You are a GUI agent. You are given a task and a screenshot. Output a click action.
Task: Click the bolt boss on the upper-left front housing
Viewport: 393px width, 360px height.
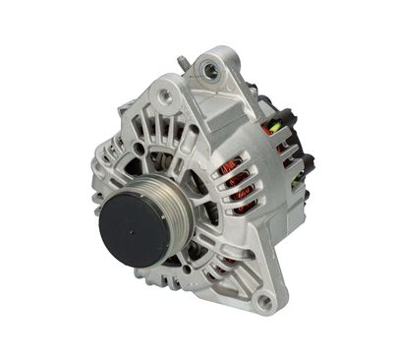point(165,95)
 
